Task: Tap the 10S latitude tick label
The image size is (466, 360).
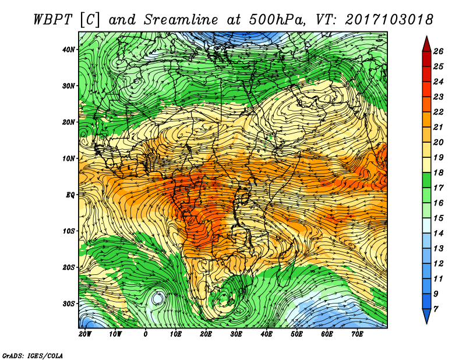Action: point(69,231)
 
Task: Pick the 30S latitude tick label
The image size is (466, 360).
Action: point(69,303)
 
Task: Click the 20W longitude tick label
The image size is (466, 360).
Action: point(84,334)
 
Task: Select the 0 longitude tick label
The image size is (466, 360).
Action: point(146,334)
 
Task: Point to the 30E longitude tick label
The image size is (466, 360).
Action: point(236,334)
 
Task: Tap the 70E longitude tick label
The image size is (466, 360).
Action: point(357,334)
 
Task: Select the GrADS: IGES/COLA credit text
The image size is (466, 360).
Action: point(33,355)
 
